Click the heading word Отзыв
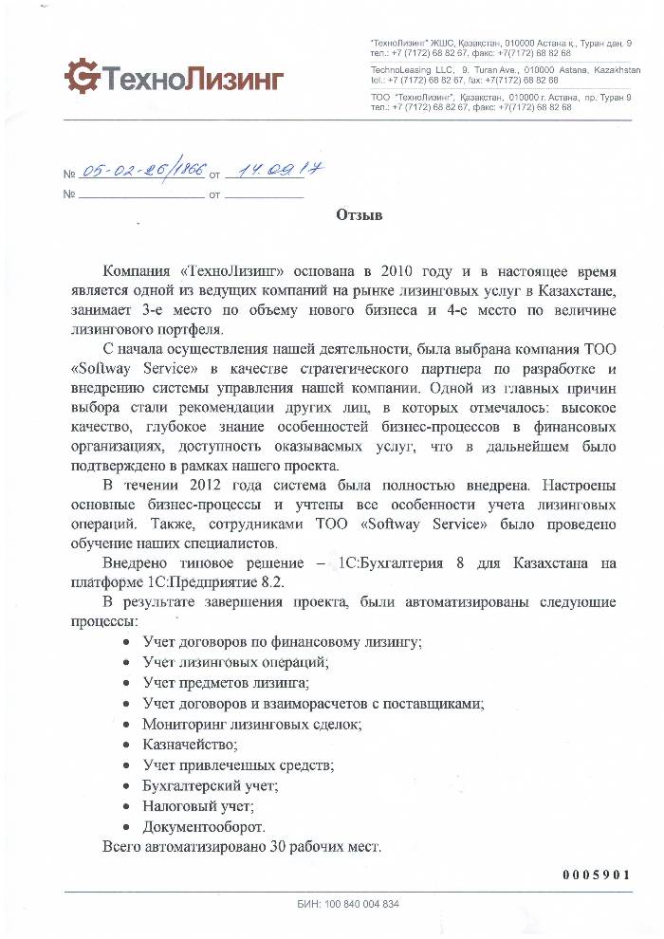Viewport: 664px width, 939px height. click(359, 216)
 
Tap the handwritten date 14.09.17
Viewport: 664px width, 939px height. click(266, 171)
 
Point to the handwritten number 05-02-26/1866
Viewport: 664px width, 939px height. click(143, 172)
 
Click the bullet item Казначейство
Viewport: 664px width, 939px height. click(187, 745)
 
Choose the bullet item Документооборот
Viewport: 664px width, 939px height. click(204, 827)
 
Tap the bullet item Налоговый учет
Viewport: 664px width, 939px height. click(198, 806)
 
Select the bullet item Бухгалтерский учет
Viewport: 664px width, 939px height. click(210, 785)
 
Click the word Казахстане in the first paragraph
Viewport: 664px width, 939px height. click(581, 288)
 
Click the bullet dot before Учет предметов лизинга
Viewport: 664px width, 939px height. click(128, 683)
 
